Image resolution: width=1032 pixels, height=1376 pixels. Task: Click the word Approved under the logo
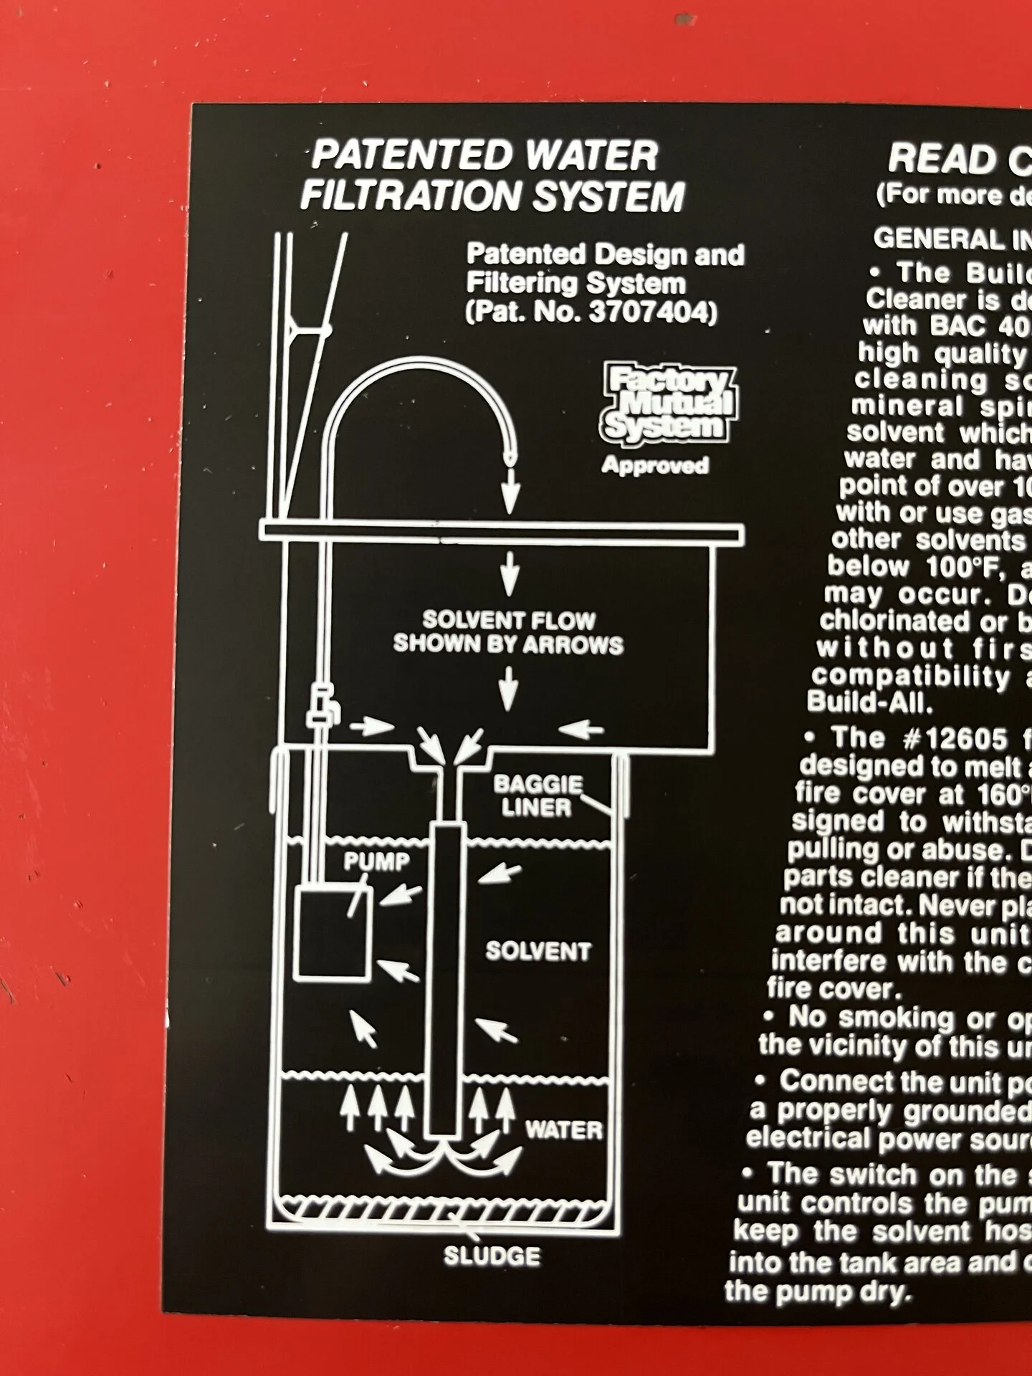(655, 465)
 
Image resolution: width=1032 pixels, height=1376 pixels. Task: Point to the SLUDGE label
(492, 1256)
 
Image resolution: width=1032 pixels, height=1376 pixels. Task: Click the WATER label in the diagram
(563, 1130)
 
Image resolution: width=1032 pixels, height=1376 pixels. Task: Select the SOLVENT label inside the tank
(538, 951)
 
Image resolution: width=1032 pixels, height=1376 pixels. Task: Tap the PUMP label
(376, 861)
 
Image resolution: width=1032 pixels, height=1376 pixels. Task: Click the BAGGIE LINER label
(537, 795)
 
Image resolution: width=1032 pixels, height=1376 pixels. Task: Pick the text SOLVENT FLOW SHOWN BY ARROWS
(508, 631)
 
